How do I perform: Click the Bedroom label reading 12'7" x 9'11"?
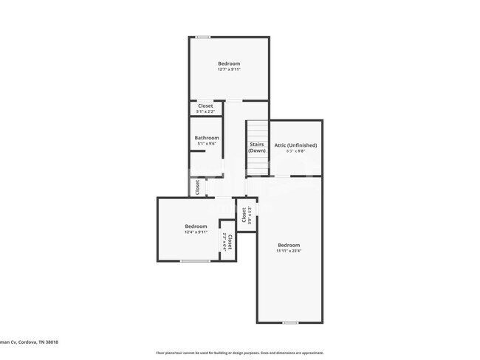(229, 66)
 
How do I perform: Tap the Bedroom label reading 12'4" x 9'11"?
(196, 229)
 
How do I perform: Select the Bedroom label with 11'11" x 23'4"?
(289, 248)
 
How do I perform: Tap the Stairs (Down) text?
(257, 148)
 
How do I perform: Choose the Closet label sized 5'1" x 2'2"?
(205, 108)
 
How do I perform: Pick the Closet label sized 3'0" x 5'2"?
(245, 215)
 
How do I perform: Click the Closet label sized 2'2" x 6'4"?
(227, 243)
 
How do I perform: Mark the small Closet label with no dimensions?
(198, 187)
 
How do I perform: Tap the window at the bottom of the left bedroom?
(195, 261)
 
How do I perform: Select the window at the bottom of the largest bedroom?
(290, 322)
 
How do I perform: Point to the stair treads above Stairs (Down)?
(256, 129)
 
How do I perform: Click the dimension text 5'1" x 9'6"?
(207, 144)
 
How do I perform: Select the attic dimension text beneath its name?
(295, 151)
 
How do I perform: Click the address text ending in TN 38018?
(30, 342)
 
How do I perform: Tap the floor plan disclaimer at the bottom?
(240, 353)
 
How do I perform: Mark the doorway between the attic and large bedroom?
(283, 176)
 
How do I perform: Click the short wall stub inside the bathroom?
(197, 152)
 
